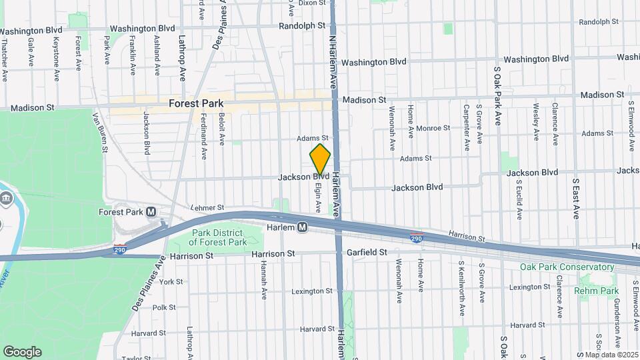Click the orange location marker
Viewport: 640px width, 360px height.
click(321, 160)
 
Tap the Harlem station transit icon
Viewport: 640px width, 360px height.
click(302, 227)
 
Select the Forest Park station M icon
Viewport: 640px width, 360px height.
click(151, 212)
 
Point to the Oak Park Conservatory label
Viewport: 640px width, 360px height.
click(567, 267)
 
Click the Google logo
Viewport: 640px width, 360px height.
click(22, 351)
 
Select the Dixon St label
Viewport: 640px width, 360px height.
click(312, 3)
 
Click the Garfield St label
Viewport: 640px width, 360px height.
click(367, 253)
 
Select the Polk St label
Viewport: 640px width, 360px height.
click(163, 307)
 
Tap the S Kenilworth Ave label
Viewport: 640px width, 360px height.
click(461, 287)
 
